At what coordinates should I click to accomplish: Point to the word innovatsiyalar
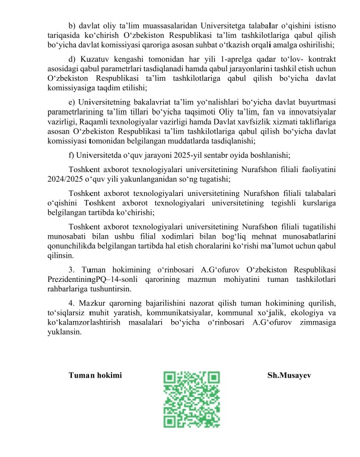click(x=308, y=112)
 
